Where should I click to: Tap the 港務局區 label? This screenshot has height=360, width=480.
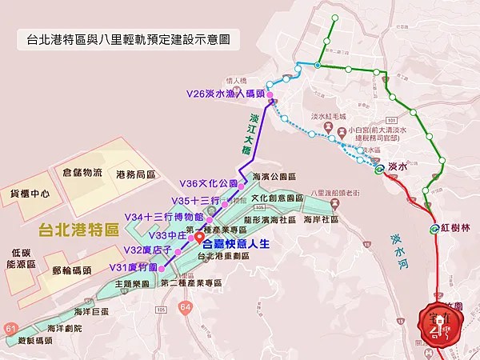coord(134,175)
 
